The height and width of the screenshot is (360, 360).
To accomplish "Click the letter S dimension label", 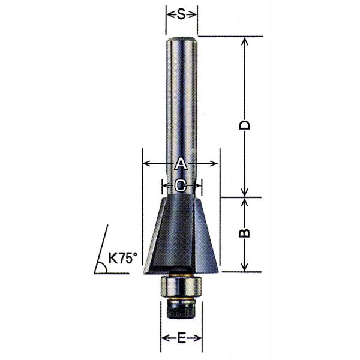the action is point(181,15).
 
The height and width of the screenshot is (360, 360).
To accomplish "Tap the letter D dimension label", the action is point(245,125).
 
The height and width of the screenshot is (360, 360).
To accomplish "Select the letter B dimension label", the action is point(245,233).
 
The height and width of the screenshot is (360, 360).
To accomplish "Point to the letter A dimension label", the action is point(181,163).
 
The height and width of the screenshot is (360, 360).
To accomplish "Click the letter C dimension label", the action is point(181,185).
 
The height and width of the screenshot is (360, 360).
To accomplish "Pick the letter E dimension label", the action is point(181,338).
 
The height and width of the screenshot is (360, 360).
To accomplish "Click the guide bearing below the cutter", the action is point(181,286).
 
